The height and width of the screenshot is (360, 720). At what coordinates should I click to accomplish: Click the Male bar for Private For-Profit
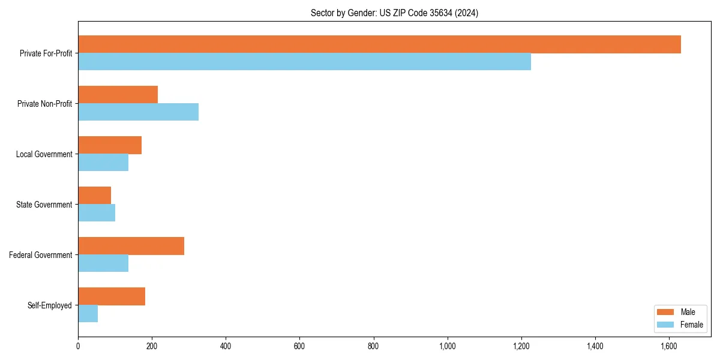tap(379, 44)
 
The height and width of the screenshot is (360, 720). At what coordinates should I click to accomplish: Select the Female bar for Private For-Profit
tap(304, 62)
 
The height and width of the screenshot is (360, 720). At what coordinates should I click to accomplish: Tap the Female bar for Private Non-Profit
tap(138, 112)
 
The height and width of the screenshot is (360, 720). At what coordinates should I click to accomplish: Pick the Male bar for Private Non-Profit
tap(118, 95)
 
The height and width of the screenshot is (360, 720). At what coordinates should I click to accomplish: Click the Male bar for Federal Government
tap(131, 246)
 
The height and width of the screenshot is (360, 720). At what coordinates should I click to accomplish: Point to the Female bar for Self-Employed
tap(88, 314)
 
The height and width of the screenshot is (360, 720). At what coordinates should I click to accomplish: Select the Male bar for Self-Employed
tap(112, 296)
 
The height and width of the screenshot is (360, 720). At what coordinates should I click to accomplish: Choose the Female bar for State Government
tap(97, 213)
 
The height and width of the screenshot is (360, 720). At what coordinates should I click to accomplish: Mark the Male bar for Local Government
tap(110, 145)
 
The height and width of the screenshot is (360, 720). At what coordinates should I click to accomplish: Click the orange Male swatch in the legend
tap(666, 312)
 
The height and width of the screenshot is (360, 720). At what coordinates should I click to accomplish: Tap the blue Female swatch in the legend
tap(666, 325)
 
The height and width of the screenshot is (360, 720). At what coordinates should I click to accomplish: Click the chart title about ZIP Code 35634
tap(394, 13)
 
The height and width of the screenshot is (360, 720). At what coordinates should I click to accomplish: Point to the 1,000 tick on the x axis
tap(448, 346)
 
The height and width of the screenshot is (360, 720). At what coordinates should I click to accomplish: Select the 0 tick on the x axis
tap(78, 346)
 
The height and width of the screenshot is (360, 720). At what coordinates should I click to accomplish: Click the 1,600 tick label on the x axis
tap(669, 346)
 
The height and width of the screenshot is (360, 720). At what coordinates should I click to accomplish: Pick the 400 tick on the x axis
tap(226, 346)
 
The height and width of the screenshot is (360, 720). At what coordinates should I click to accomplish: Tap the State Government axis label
tap(44, 205)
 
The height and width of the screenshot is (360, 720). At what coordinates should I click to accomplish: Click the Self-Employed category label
tap(50, 305)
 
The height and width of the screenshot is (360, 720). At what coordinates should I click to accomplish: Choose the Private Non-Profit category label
tap(44, 104)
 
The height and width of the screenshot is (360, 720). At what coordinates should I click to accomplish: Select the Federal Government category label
tap(41, 255)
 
